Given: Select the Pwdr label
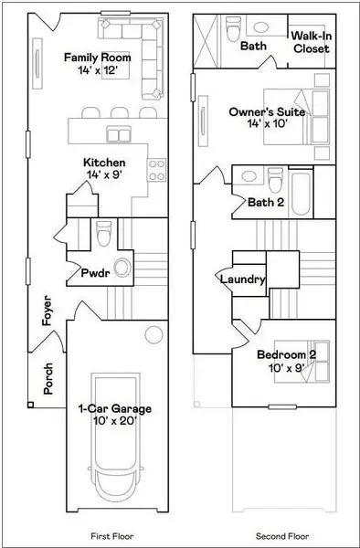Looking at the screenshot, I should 96,272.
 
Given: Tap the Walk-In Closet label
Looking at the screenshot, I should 310,43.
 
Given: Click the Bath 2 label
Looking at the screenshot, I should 266,202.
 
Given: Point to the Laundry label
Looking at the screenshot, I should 243,279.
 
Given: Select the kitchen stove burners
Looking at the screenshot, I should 157,169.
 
